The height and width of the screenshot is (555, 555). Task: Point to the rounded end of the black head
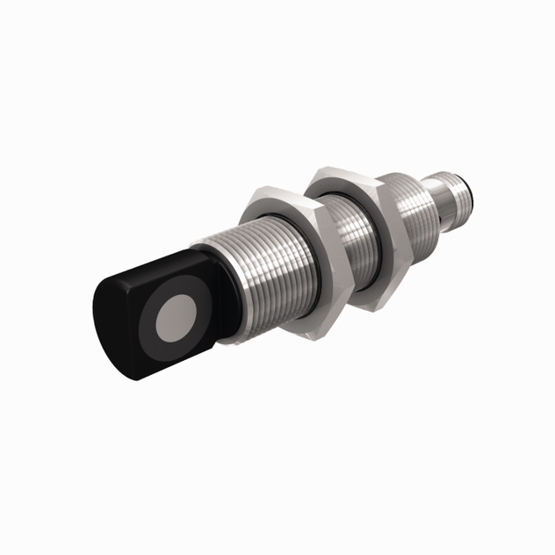(110, 325)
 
